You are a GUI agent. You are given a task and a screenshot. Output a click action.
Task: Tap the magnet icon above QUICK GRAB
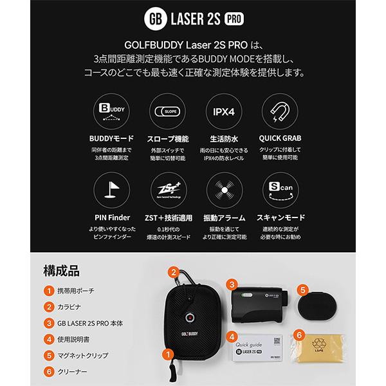click(277, 111)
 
